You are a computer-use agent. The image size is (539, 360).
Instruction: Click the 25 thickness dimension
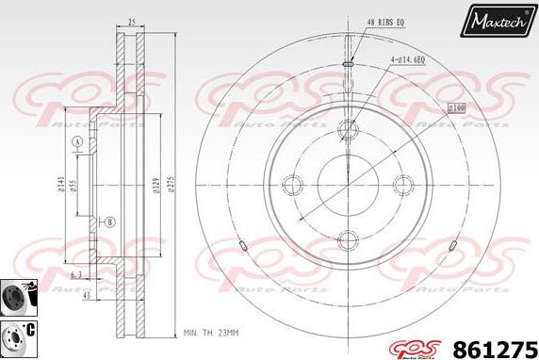point(131,20)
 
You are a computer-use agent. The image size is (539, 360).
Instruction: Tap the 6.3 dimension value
point(74,275)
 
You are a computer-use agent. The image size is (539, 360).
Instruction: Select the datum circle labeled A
point(76,142)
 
